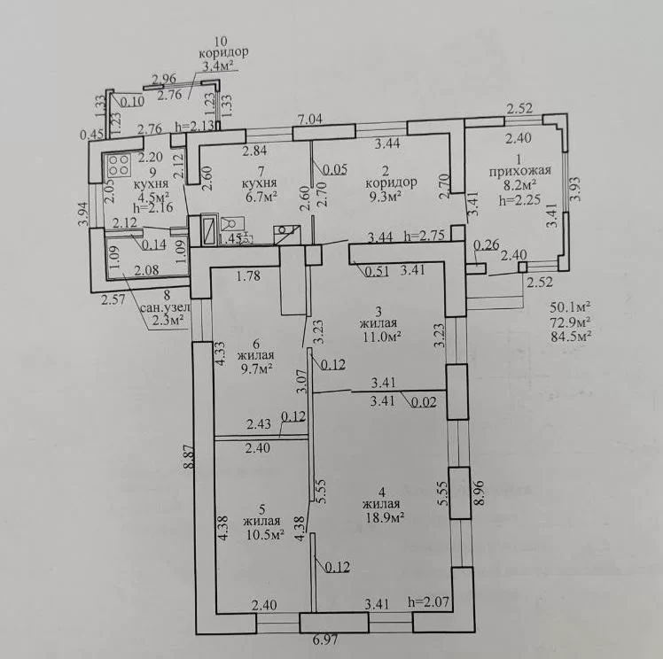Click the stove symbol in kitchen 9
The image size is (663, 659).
(x=119, y=165)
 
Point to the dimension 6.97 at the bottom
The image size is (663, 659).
(x=326, y=640)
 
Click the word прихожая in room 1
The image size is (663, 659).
(x=519, y=171)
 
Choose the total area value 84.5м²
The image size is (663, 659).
(x=571, y=337)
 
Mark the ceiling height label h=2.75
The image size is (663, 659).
(x=424, y=235)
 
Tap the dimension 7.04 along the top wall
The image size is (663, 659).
(x=309, y=119)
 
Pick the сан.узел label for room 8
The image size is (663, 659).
(x=165, y=307)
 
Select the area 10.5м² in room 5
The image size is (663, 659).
(x=265, y=535)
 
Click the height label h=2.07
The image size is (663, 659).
(x=428, y=601)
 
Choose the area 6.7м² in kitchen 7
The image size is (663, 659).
(x=261, y=196)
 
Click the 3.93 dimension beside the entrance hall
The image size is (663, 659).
(x=575, y=190)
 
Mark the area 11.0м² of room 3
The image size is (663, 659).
(x=380, y=337)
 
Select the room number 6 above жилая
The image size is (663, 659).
(x=256, y=344)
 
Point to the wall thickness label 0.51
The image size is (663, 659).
(x=378, y=271)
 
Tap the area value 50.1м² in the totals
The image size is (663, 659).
(x=571, y=306)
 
